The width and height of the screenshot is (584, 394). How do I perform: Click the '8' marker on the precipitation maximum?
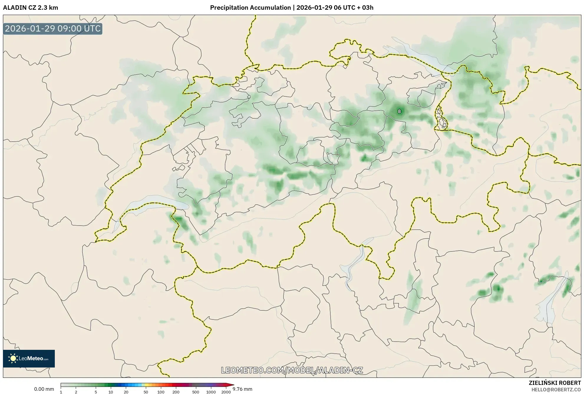(x=399, y=111)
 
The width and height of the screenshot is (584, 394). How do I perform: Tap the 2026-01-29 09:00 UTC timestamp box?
(x=53, y=29)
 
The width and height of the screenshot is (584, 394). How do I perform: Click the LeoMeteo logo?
(x=29, y=358)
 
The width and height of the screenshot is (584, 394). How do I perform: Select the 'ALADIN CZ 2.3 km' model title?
(x=30, y=8)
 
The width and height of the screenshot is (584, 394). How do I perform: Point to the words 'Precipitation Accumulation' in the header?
(x=250, y=8)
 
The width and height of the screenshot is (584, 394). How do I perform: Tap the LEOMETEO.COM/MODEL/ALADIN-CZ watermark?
(x=292, y=370)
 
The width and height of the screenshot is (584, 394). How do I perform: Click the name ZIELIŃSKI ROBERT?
(x=555, y=383)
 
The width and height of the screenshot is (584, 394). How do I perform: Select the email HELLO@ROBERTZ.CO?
(x=556, y=390)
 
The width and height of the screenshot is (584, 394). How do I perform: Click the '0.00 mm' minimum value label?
(x=44, y=389)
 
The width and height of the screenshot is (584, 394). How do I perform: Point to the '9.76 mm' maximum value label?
(x=242, y=389)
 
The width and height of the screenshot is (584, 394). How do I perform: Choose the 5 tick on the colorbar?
(x=96, y=392)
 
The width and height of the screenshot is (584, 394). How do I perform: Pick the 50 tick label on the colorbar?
(x=146, y=392)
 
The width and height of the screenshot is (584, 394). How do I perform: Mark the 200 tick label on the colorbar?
(x=176, y=392)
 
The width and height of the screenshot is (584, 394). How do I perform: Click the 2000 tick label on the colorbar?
(x=226, y=392)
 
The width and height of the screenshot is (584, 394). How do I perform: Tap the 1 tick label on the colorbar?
(x=61, y=392)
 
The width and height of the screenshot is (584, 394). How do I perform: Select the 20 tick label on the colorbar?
(x=126, y=392)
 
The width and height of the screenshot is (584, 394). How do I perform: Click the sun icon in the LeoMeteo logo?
(x=13, y=358)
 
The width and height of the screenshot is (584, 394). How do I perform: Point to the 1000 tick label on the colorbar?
(x=211, y=392)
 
